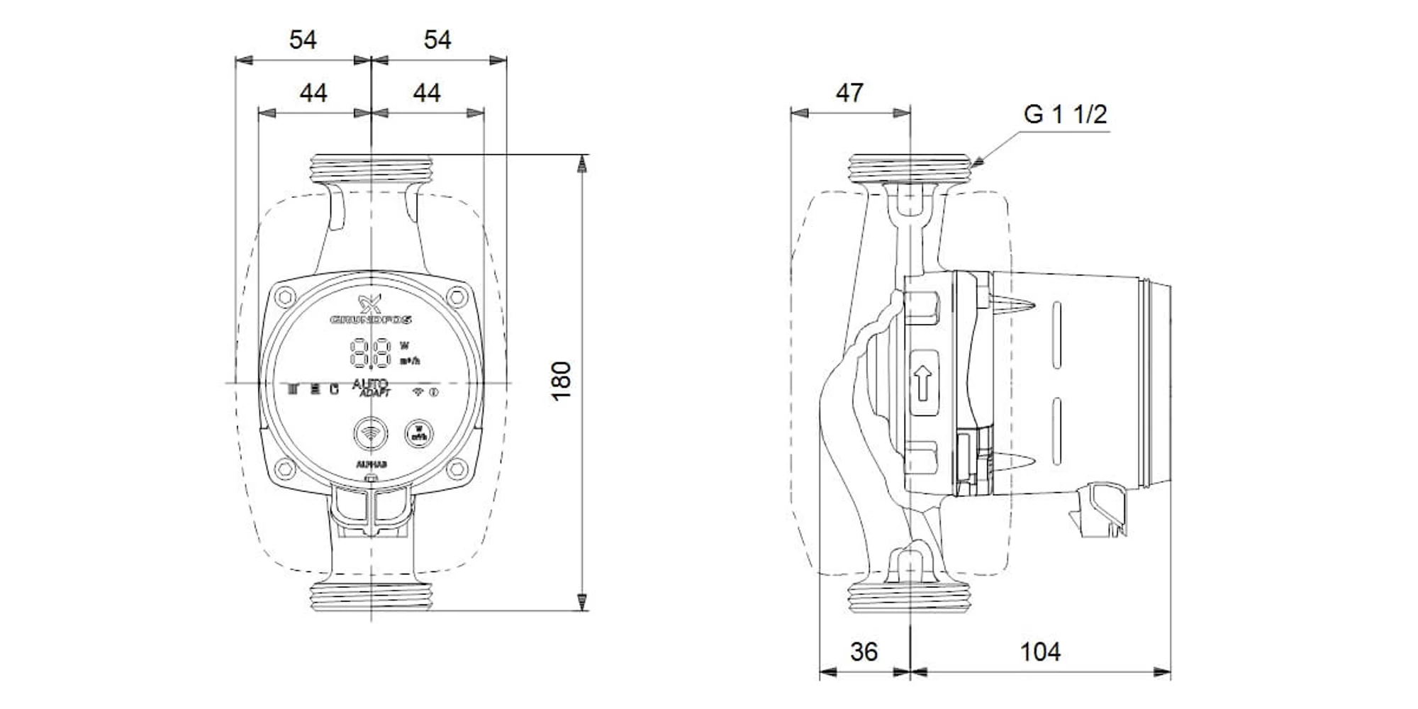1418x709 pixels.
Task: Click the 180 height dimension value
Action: tap(562, 381)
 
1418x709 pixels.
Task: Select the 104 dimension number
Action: tap(1039, 652)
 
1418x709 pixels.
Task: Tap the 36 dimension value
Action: tap(864, 652)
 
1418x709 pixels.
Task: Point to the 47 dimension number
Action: tap(849, 93)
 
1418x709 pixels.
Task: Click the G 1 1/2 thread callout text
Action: tap(1065, 114)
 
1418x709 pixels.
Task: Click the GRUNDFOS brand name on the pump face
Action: tap(371, 320)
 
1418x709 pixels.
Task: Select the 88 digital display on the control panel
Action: tap(371, 352)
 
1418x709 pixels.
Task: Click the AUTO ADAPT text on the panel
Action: tap(371, 388)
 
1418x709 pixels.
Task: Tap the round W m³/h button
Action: tap(418, 432)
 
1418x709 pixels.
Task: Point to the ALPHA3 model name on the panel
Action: tap(371, 465)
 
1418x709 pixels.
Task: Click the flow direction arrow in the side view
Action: tap(922, 384)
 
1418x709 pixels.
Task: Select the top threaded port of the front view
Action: tap(371, 169)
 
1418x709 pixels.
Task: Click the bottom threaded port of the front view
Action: tap(371, 597)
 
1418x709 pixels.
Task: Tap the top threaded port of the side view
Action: tap(910, 169)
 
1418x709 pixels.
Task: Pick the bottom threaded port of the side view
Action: tap(910, 597)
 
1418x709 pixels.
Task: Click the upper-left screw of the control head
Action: tap(286, 296)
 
